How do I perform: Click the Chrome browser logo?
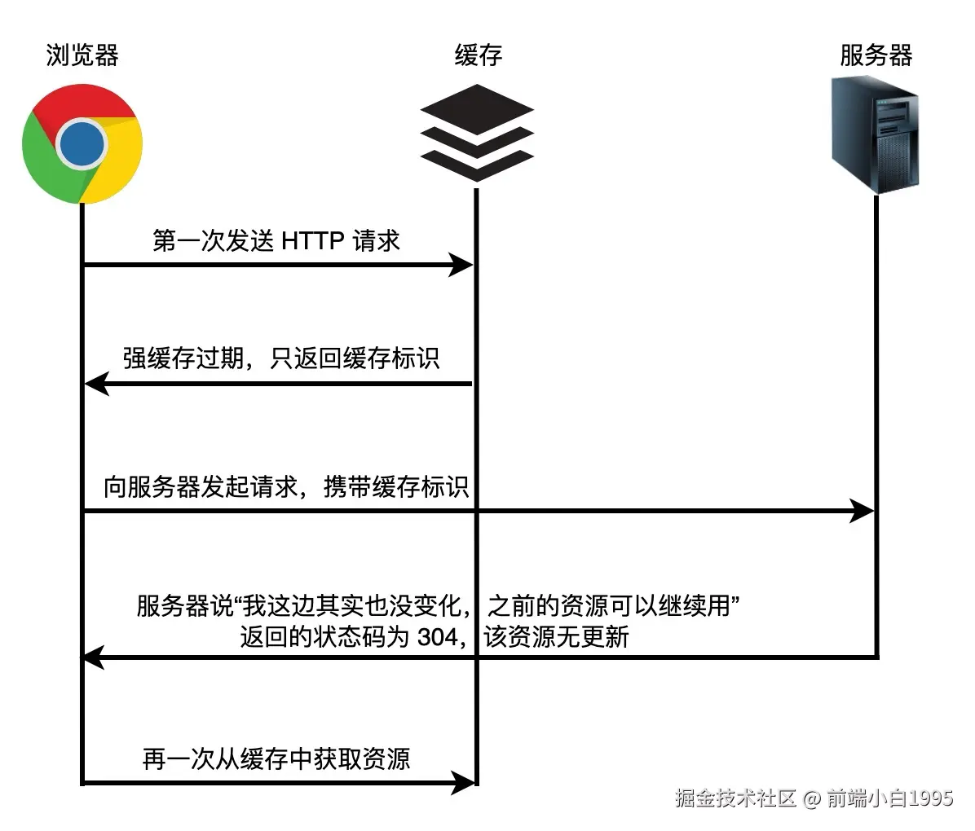point(82,144)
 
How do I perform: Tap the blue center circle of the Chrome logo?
point(82,144)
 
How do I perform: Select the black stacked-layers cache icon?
point(476,132)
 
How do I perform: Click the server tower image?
point(876,134)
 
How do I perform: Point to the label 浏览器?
point(82,55)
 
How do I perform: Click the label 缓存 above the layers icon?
point(478,55)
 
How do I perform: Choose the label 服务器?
point(876,55)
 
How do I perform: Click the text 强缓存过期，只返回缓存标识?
point(281,358)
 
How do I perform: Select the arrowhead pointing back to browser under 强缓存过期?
point(96,383)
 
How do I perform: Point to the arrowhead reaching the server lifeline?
point(862,512)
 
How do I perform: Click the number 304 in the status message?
point(437,636)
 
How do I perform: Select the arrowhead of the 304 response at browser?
point(93,656)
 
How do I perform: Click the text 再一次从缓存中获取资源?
point(276,758)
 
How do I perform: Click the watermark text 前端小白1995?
point(889,798)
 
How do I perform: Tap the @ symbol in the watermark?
point(811,798)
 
